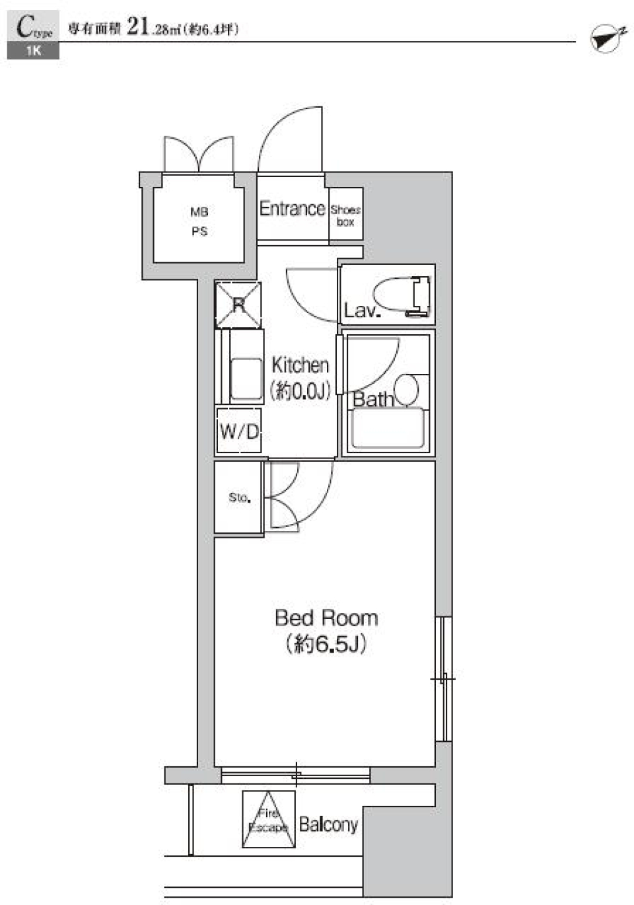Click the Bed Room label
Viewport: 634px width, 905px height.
pyautogui.click(x=326, y=618)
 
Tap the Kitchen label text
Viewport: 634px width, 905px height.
pyautogui.click(x=300, y=365)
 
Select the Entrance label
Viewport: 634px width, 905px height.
pyautogui.click(x=292, y=209)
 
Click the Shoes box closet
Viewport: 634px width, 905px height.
pyautogui.click(x=345, y=215)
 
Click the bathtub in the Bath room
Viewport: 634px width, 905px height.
pyautogui.click(x=387, y=428)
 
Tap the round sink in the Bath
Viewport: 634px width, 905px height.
pyautogui.click(x=406, y=389)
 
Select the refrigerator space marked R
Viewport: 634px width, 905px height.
pyautogui.click(x=238, y=305)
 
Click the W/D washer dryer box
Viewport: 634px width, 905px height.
pyautogui.click(x=239, y=432)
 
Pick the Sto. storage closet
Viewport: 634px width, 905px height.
pyautogui.click(x=239, y=497)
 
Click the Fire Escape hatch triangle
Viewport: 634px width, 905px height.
pyautogui.click(x=268, y=820)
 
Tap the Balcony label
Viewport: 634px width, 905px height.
pyautogui.click(x=328, y=824)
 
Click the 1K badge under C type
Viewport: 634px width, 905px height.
pyautogui.click(x=33, y=52)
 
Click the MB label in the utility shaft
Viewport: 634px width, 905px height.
pyautogui.click(x=199, y=212)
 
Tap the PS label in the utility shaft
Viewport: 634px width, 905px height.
pyautogui.click(x=199, y=232)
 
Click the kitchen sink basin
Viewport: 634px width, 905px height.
pyautogui.click(x=246, y=379)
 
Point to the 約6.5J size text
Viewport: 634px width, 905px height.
pyautogui.click(x=326, y=644)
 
